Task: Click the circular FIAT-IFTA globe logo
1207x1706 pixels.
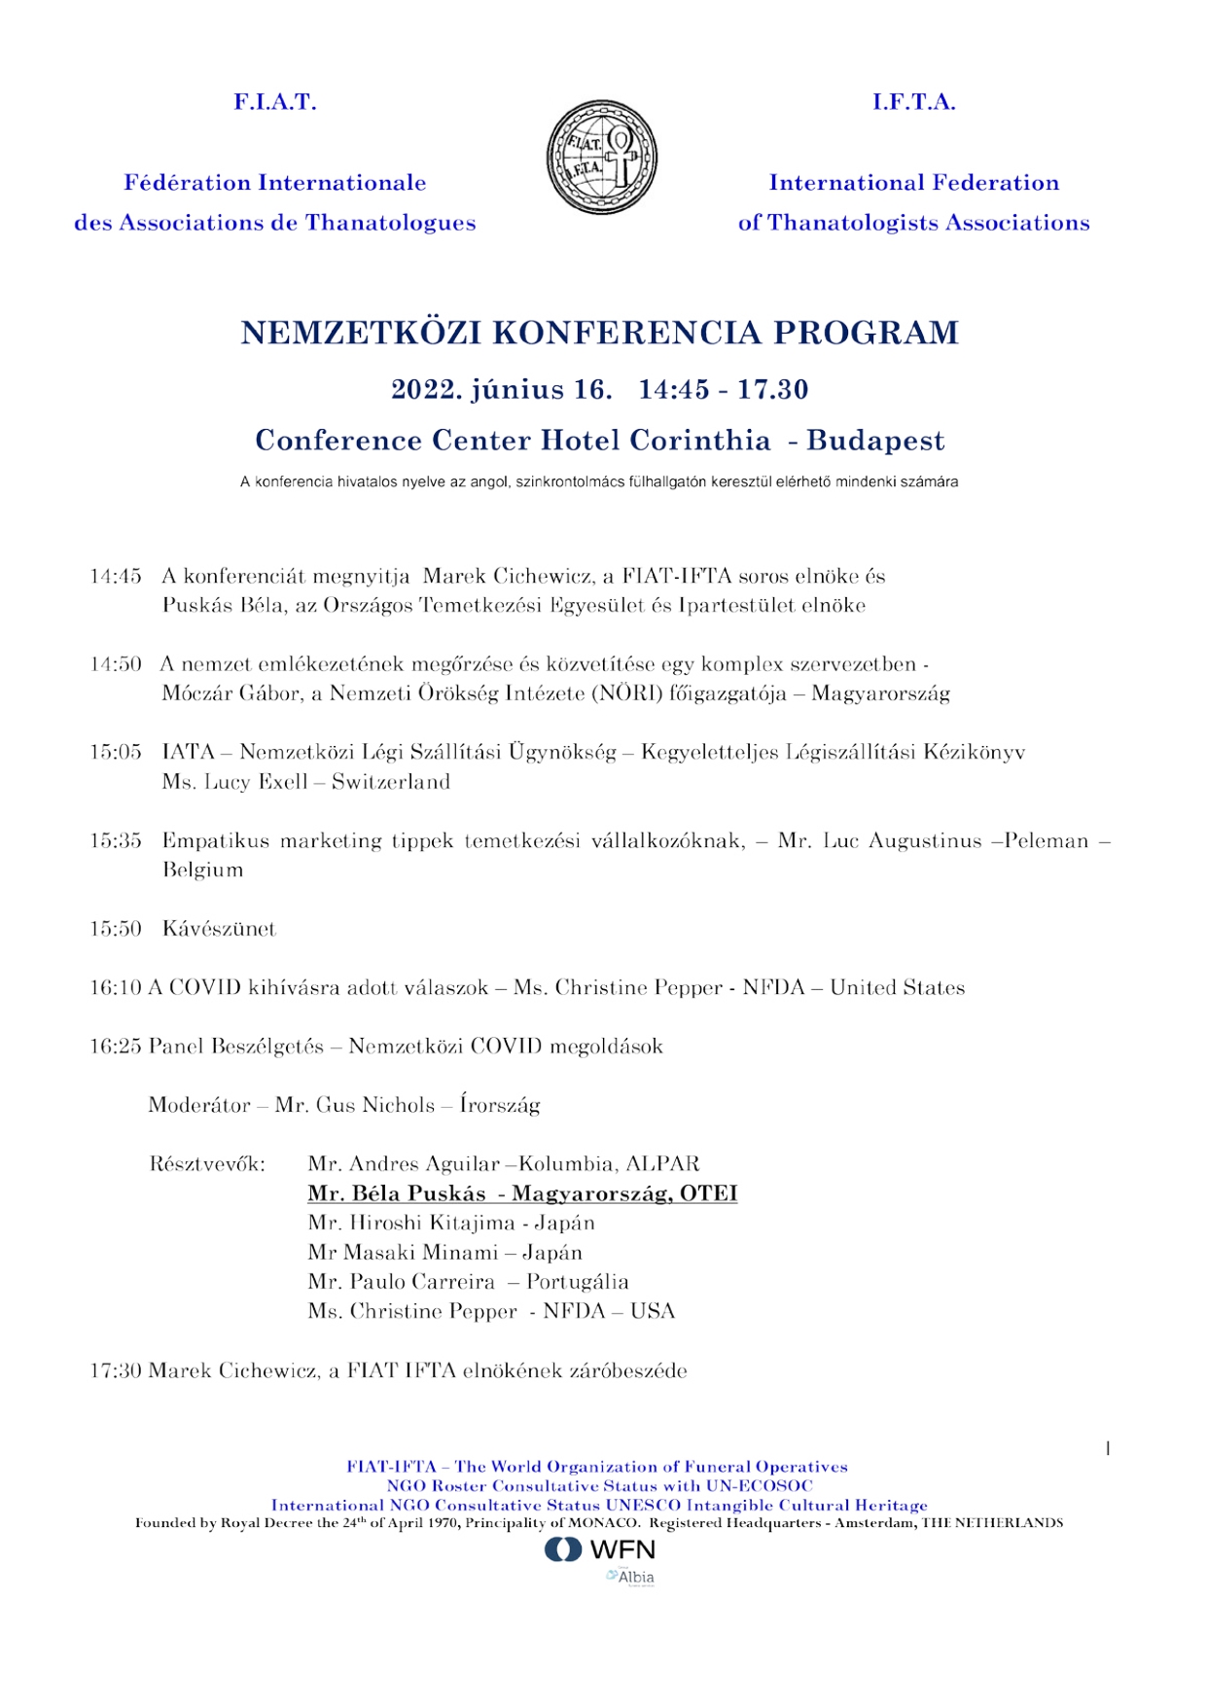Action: point(602,157)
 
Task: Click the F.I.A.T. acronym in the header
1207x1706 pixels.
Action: point(275,102)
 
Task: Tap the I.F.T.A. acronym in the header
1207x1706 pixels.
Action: point(913,102)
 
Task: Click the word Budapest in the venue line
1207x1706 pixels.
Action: point(875,441)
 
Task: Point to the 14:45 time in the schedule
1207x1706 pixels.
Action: point(116,577)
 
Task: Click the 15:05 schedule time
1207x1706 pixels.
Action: point(116,753)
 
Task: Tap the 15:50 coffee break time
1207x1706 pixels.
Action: point(116,929)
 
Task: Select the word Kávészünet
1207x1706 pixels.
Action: point(219,929)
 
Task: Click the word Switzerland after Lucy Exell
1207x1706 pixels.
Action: point(391,782)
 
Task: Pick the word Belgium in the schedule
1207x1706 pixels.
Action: point(202,870)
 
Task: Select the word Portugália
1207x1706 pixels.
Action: point(578,1282)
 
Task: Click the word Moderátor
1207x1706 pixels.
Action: point(199,1105)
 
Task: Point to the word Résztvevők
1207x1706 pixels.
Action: point(207,1164)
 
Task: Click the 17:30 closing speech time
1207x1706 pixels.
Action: point(116,1371)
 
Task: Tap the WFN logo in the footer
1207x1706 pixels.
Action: point(600,1549)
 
